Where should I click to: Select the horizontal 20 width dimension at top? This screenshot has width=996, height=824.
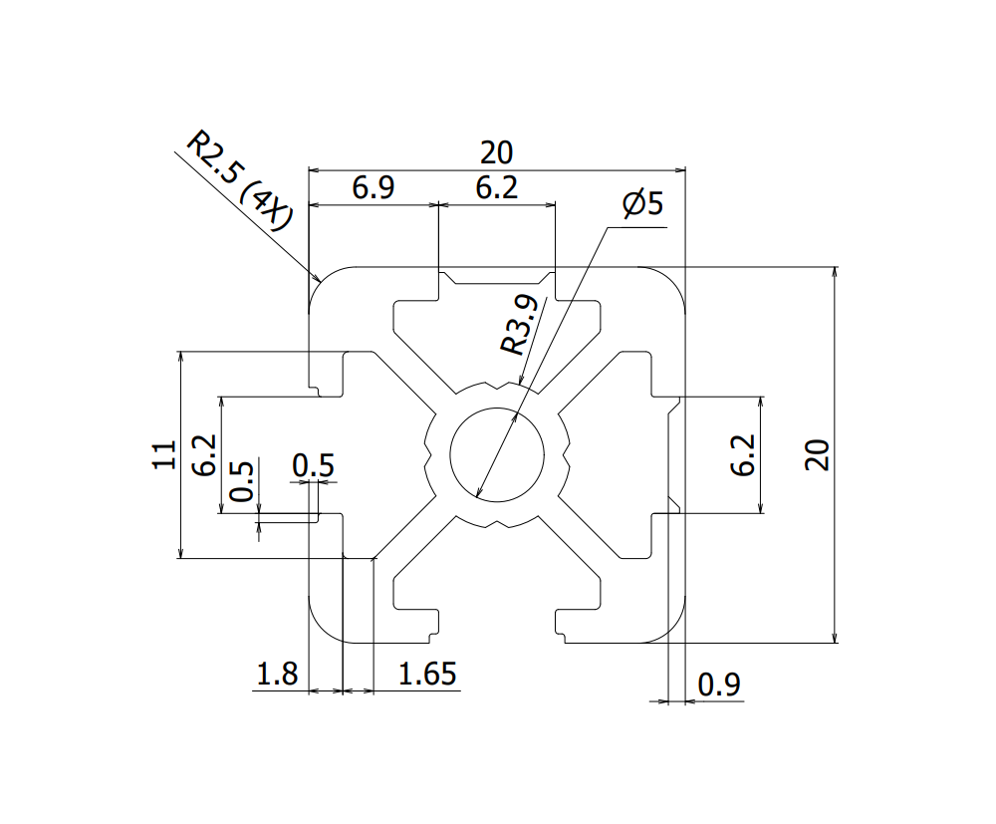(x=496, y=153)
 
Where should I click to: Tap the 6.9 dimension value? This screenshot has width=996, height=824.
(x=373, y=188)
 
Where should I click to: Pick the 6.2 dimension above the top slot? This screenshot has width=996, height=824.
(x=496, y=188)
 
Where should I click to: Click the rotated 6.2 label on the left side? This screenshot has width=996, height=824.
(x=204, y=454)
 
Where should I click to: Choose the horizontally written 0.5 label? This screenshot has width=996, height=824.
(x=314, y=465)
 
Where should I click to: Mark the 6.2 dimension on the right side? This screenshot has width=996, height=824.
(x=742, y=454)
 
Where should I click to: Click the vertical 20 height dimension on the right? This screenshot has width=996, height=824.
(x=818, y=454)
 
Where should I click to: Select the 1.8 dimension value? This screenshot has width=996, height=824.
(x=277, y=675)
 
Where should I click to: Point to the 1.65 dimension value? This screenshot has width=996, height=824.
(x=427, y=675)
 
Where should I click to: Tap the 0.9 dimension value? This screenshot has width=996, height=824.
(x=719, y=685)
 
